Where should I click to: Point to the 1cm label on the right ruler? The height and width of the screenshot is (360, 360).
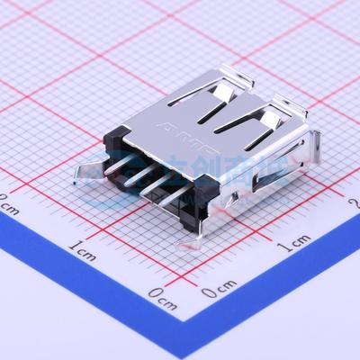pyautogui.click(x=294, y=243)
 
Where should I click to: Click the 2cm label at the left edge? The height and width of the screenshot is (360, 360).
pyautogui.click(x=9, y=203)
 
